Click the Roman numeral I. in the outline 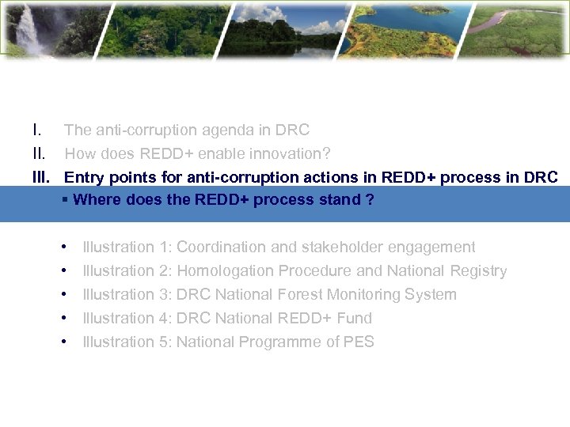36,130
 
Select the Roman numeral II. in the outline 39,153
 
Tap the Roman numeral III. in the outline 41,177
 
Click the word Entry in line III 82,177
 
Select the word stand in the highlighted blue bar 339,199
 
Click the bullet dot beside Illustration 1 63,247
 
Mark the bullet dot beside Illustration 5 63,342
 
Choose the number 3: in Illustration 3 165,294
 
